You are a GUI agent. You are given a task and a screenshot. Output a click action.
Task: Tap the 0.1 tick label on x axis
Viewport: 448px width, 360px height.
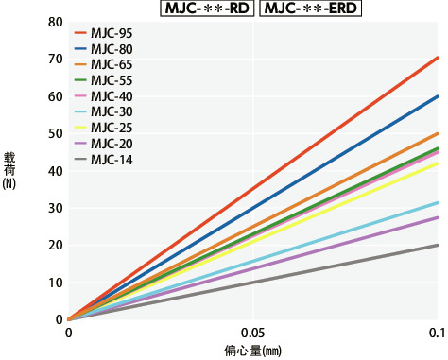pos(437,334)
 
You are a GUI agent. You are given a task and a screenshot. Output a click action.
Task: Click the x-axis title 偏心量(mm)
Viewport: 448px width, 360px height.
pos(252,351)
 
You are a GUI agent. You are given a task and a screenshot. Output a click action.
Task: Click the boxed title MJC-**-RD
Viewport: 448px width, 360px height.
pos(209,9)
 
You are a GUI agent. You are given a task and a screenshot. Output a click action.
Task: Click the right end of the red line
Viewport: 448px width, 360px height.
pos(438,58)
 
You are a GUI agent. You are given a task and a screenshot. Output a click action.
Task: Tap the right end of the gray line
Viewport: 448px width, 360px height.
pos(438,245)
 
